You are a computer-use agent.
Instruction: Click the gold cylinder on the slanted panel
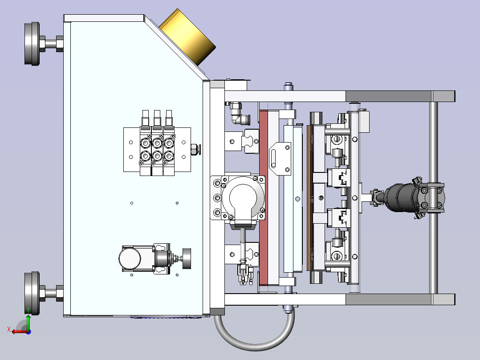[x=187, y=37]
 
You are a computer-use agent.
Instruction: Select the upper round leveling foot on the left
[x=32, y=44]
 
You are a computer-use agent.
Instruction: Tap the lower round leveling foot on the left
[x=32, y=293]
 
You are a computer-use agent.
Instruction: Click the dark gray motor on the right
[x=401, y=198]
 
